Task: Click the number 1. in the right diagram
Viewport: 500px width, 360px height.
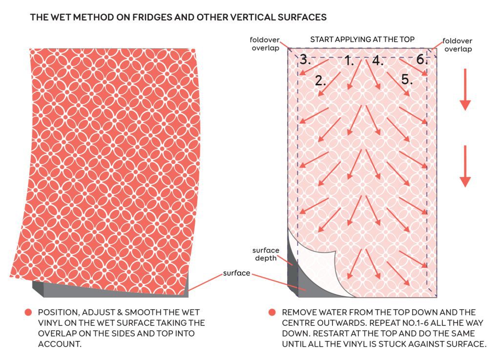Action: point(350,60)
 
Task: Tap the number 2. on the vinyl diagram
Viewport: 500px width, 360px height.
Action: point(320,80)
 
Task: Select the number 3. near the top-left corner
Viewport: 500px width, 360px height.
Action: point(305,60)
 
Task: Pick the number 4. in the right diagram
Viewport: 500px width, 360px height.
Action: point(377,60)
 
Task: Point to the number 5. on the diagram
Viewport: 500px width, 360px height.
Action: point(407,80)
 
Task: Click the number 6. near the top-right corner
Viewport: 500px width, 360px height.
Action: point(422,59)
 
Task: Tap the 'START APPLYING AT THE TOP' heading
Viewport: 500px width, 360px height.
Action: point(362,40)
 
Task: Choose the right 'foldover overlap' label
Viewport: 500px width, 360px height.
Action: point(457,45)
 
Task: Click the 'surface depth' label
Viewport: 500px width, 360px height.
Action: point(266,254)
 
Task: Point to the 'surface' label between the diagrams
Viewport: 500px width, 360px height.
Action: point(236,273)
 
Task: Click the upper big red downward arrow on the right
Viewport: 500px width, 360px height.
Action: point(465,89)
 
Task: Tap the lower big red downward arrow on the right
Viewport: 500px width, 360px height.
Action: point(465,166)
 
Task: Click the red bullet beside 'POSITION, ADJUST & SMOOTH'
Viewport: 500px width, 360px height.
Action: point(28,313)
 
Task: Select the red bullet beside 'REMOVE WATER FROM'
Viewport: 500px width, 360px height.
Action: point(272,313)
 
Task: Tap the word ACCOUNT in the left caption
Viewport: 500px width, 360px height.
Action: point(60,344)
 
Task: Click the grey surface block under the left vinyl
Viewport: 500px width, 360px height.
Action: point(112,290)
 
